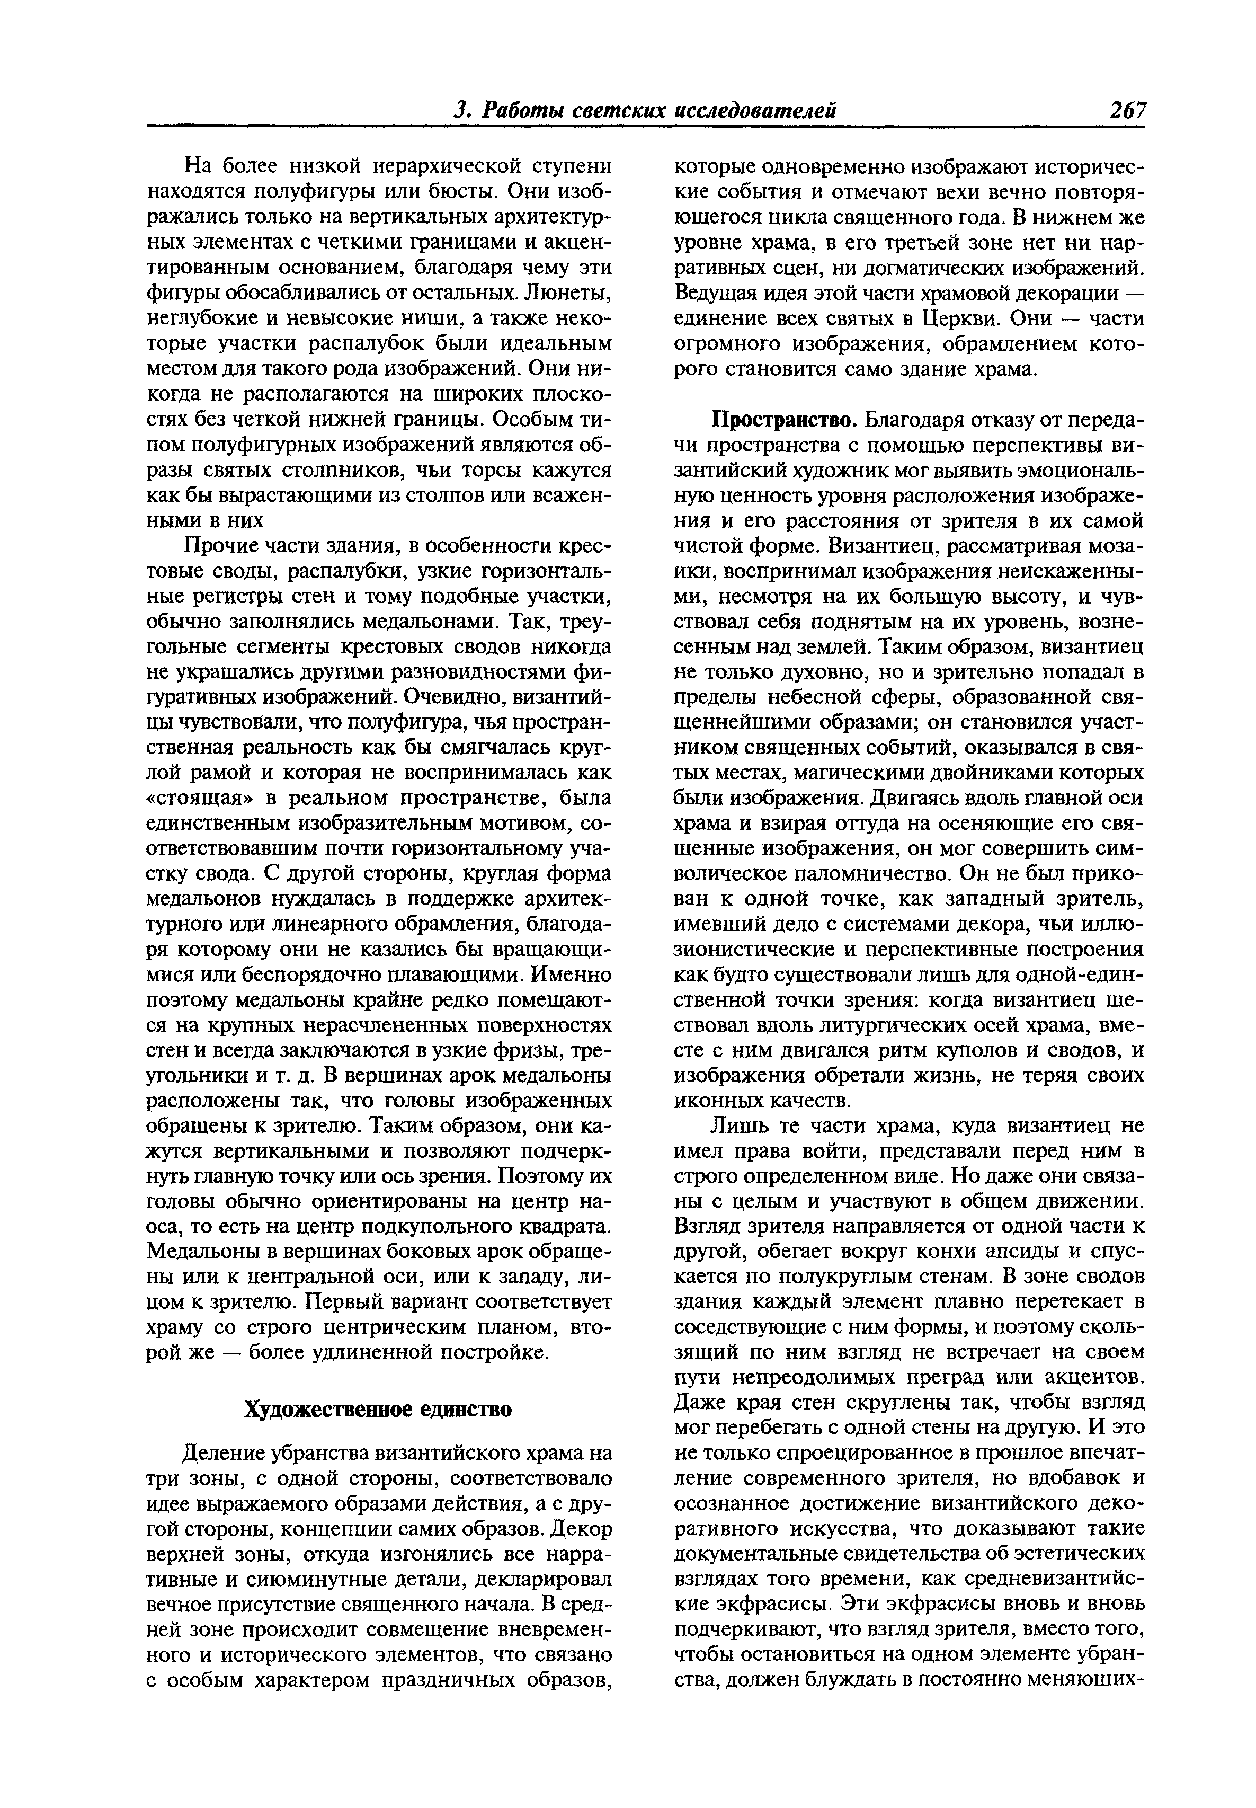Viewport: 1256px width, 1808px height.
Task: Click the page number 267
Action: click(1127, 110)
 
